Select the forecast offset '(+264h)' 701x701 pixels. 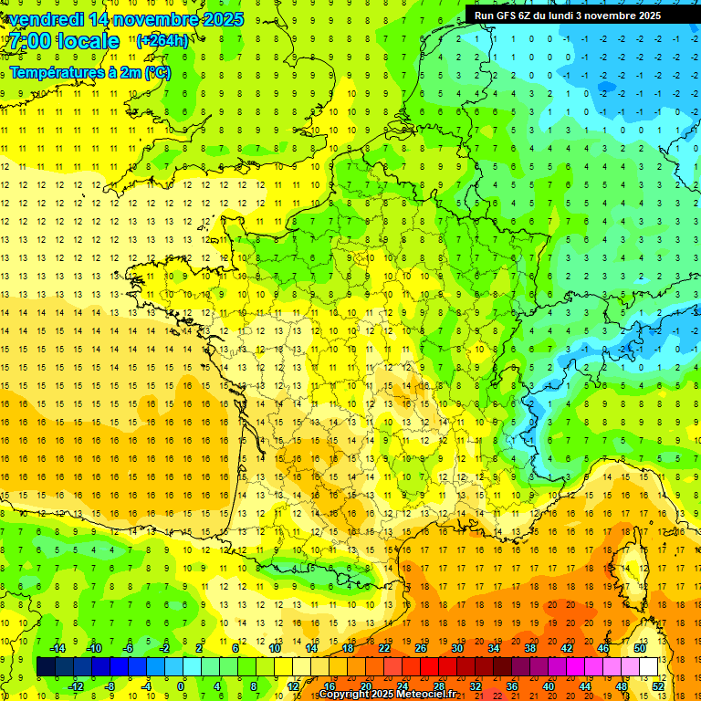pyautogui.click(x=162, y=41)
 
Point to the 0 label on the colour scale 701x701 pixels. pyautogui.click(x=181, y=685)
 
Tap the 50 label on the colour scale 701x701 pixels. pyautogui.click(x=640, y=648)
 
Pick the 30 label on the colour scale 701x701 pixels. pyautogui.click(x=457, y=648)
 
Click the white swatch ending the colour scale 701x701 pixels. pyautogui.click(x=649, y=667)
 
